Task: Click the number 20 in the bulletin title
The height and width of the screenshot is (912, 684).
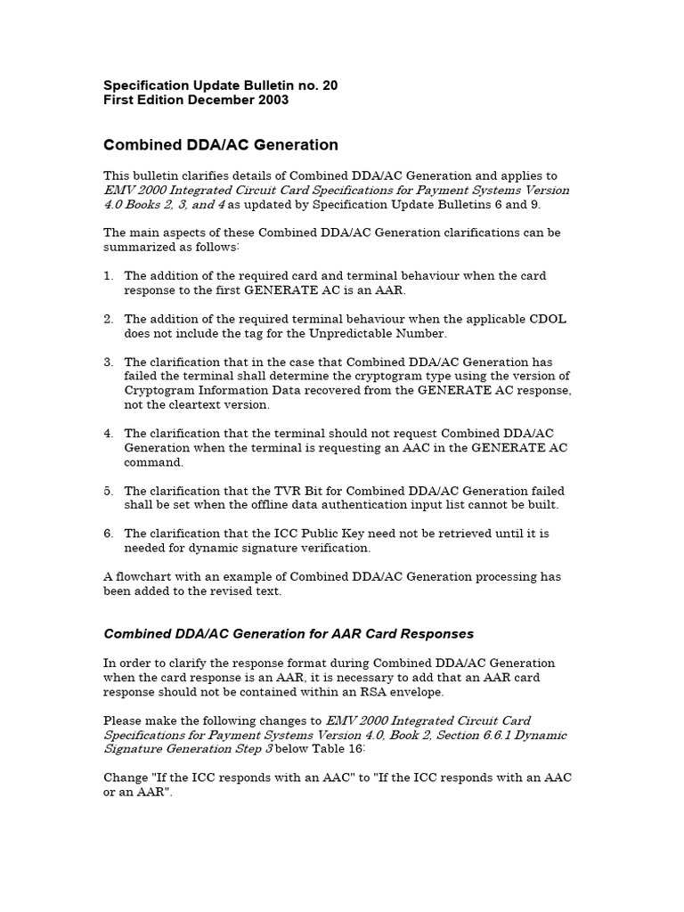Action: point(329,85)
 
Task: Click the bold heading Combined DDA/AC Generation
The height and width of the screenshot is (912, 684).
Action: point(221,144)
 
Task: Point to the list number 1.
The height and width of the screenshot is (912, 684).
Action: point(108,276)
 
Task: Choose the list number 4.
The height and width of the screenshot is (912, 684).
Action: point(108,434)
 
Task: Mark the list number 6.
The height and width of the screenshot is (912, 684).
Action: point(108,533)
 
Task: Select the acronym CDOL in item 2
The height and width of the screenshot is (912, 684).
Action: point(547,319)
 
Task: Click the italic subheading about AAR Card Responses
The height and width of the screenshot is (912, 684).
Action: point(289,634)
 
